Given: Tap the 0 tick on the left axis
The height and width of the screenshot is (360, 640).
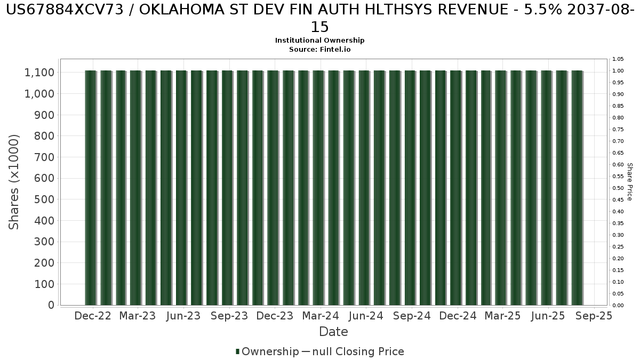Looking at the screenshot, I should [x=51, y=305].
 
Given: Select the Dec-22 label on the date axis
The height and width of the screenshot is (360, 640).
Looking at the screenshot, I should [x=93, y=316].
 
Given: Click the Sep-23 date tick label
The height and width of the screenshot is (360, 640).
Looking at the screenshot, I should [x=229, y=316].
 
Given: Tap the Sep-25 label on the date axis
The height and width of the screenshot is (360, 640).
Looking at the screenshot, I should [x=594, y=316].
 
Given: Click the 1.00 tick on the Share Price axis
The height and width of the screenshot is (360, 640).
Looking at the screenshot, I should [x=618, y=71].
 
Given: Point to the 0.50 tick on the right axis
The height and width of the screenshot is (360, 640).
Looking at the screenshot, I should [x=618, y=188].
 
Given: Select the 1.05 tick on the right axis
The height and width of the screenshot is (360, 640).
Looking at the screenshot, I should [x=618, y=59].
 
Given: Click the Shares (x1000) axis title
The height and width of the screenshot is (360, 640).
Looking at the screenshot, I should [x=14, y=182].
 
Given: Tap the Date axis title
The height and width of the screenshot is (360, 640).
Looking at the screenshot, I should [x=333, y=332].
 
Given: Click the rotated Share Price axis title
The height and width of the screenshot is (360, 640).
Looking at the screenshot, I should [x=630, y=182].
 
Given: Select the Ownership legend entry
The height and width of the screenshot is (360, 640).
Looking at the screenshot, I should [x=267, y=352].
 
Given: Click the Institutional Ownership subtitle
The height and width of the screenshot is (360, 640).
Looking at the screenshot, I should [x=320, y=41].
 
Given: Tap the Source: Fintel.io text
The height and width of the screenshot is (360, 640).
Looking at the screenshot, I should [x=320, y=49].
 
